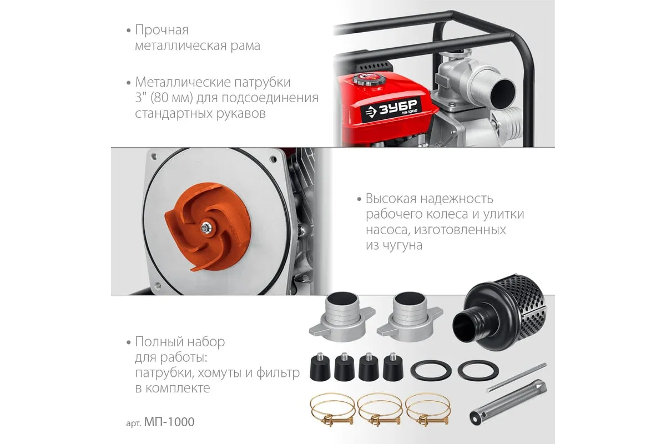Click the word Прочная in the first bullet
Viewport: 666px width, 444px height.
(x=162, y=30)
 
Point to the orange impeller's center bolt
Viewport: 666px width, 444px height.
(x=205, y=228)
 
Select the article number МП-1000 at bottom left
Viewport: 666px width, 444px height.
(x=169, y=422)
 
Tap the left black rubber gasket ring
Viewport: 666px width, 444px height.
(x=431, y=371)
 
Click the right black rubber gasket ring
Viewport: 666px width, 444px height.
(x=478, y=371)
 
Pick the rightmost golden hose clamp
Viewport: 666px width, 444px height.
(x=427, y=409)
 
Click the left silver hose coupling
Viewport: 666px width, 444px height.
(x=342, y=317)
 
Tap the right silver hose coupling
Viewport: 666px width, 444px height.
(x=410, y=317)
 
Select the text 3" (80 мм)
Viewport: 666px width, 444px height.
(x=164, y=98)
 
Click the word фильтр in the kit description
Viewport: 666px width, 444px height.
(x=277, y=373)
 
